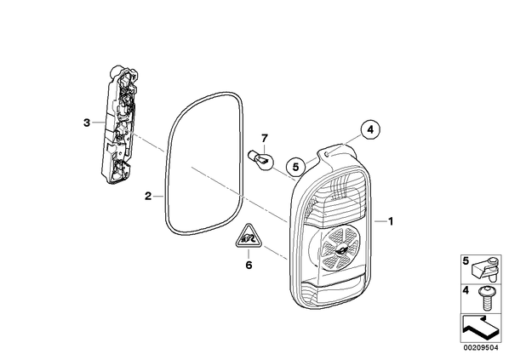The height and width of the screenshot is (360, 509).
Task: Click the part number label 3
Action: tap(86, 123)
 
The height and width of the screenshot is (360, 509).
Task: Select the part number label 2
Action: tap(148, 196)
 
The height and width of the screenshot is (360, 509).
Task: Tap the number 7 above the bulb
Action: tap(265, 139)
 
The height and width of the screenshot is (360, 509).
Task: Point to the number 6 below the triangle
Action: tap(249, 266)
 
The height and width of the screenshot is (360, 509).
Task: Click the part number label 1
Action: tap(391, 221)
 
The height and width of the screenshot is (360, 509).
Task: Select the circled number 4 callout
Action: tap(370, 130)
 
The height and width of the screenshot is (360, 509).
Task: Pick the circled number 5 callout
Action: tap(295, 167)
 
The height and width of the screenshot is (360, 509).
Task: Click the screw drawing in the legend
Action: tap(485, 298)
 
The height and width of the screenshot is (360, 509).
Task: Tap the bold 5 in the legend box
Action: tap(466, 261)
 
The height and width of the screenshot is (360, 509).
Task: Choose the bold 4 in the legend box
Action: tap(466, 290)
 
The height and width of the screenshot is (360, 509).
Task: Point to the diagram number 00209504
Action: tap(481, 348)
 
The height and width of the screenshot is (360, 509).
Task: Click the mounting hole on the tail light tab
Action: tap(329, 153)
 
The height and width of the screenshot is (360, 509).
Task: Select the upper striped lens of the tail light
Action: tap(338, 200)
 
